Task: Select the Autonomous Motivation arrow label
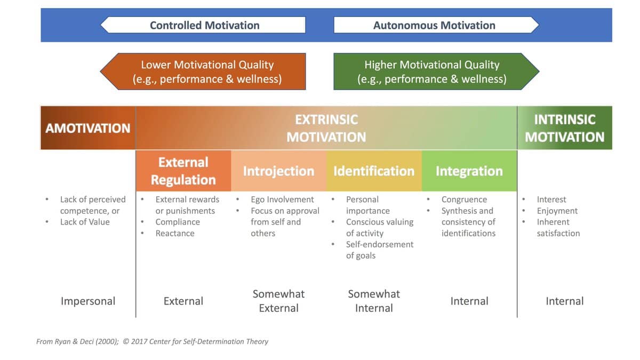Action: click(x=436, y=25)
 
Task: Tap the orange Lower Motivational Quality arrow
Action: click(x=203, y=71)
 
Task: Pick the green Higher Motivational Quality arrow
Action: click(x=436, y=71)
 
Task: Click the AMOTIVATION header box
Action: click(x=88, y=127)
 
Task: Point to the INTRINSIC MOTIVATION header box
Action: click(x=565, y=127)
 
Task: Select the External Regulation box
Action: click(x=183, y=171)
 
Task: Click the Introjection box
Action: click(x=278, y=171)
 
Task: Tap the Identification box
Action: click(x=374, y=171)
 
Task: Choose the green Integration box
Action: click(x=469, y=171)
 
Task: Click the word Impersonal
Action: click(x=88, y=301)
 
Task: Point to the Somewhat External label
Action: click(x=278, y=301)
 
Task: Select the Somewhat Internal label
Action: click(x=374, y=301)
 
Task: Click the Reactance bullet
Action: click(x=175, y=233)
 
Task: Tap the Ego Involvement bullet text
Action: click(x=282, y=199)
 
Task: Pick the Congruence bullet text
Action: click(x=464, y=199)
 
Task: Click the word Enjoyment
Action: click(x=557, y=211)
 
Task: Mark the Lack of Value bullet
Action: click(x=85, y=222)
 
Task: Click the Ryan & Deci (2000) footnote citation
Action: click(x=77, y=341)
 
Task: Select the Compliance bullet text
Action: click(x=178, y=222)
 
